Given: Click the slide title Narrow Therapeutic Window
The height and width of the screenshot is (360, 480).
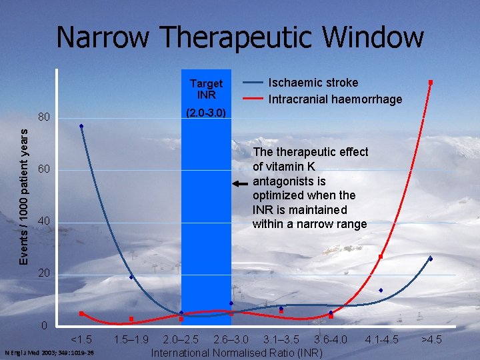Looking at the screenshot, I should click(x=240, y=37).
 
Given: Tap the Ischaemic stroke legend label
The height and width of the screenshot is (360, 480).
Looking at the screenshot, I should click(x=313, y=83).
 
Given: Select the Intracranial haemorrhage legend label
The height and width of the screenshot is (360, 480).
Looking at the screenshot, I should click(x=335, y=99).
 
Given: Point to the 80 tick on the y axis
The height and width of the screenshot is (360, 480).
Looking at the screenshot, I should click(x=44, y=118).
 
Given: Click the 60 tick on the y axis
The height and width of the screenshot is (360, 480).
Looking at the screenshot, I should click(x=44, y=170).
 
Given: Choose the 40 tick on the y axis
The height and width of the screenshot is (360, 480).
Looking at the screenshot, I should click(x=44, y=221).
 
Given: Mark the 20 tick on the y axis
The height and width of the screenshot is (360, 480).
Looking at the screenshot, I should click(x=44, y=273).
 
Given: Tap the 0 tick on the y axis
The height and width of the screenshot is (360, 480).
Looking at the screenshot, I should click(x=44, y=326).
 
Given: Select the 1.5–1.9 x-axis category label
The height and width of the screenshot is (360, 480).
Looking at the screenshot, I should click(x=131, y=339).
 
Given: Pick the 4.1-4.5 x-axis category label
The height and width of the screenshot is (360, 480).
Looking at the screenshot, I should click(x=381, y=339).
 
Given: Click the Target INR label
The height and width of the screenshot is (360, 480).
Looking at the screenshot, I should click(x=206, y=89).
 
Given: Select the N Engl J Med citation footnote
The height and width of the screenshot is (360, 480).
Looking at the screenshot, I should click(x=49, y=353).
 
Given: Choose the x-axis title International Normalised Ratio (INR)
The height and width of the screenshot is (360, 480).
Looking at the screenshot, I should click(x=237, y=352).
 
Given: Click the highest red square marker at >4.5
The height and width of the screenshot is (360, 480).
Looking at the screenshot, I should click(x=431, y=82).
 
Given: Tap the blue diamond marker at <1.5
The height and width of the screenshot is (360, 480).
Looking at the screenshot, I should click(x=81, y=126).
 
